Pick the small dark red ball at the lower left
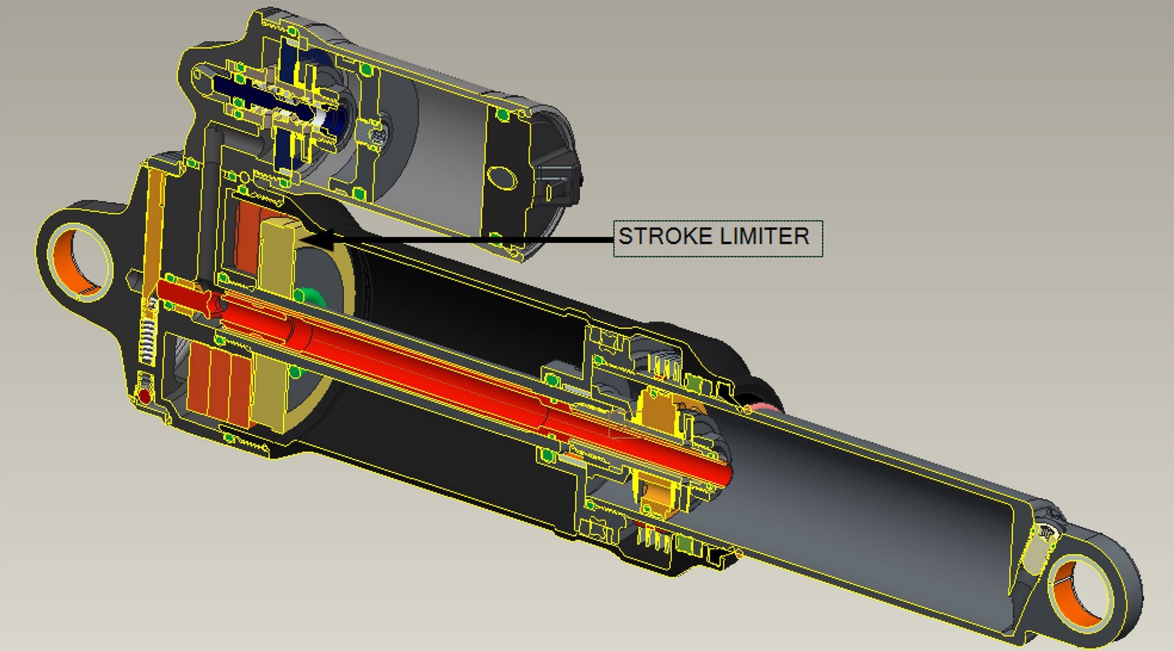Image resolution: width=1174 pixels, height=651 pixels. coord(145,396)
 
